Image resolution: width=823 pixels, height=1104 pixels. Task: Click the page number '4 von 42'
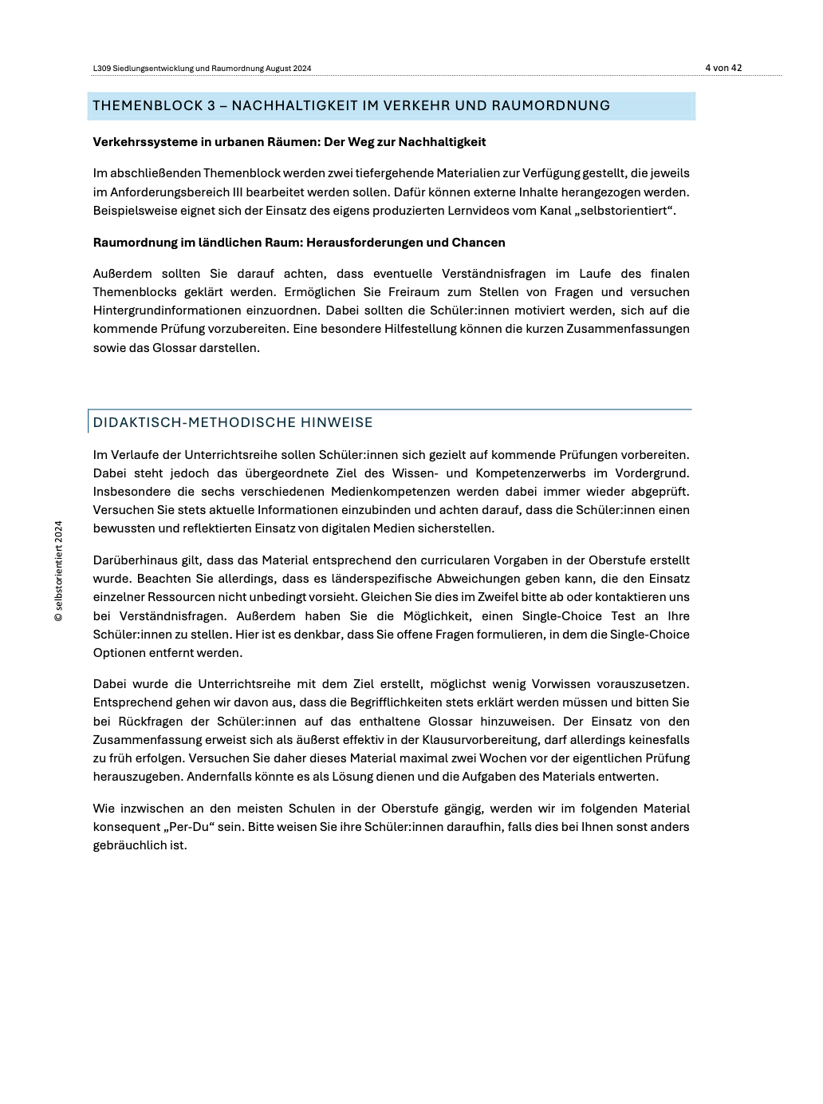tap(723, 68)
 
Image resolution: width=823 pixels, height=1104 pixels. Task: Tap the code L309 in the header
tap(101, 69)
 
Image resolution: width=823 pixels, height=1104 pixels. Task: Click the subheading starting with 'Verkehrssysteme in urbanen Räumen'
tap(289, 142)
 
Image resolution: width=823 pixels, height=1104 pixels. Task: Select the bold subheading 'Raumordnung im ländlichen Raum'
tap(299, 243)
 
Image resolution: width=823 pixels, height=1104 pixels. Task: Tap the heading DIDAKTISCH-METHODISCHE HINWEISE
tap(233, 422)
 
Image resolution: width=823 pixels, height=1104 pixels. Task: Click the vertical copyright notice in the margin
tap(58, 571)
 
